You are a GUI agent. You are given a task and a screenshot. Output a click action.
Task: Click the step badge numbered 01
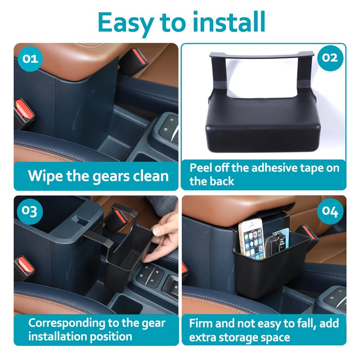[30, 59]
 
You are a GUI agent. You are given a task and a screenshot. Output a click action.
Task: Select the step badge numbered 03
[30, 211]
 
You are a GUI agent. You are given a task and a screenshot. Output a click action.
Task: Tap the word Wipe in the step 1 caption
[46, 175]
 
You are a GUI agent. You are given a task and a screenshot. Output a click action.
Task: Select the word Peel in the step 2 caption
[201, 168]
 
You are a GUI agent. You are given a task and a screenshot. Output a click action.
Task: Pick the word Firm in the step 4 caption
[202, 323]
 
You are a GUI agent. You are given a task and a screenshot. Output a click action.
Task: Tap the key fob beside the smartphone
[277, 243]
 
